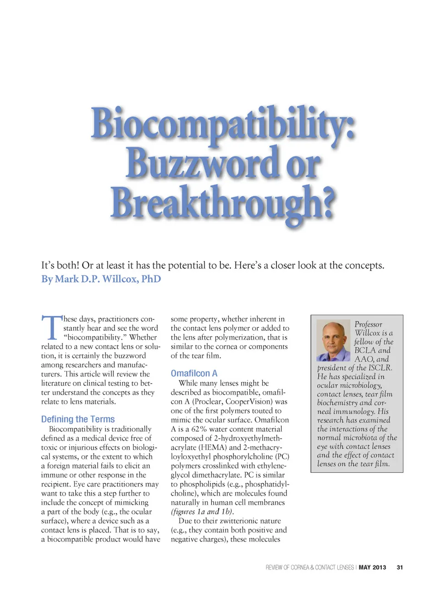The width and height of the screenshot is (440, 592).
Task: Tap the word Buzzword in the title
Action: (202, 163)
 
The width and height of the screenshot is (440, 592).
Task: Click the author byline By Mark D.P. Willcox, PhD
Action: (101, 279)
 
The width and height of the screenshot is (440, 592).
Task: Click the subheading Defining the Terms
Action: (78, 419)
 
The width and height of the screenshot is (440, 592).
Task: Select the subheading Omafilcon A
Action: (194, 374)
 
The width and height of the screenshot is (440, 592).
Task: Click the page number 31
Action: (400, 568)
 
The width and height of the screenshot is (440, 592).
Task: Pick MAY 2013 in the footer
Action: (372, 568)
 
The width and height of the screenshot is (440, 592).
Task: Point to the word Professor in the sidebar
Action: (368, 324)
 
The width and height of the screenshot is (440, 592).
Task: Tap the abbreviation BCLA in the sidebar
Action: (365, 351)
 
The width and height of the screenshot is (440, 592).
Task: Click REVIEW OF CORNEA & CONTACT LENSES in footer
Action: (310, 568)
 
